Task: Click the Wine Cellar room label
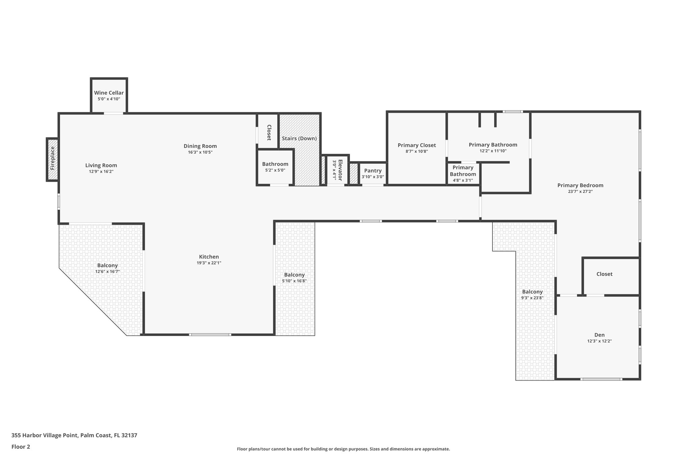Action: (109, 93)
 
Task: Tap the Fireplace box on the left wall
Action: (52, 159)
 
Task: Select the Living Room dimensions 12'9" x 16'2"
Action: (101, 171)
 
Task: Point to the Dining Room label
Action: (200, 146)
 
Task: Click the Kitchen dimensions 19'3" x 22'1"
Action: (209, 263)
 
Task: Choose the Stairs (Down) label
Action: (299, 138)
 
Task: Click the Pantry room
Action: (373, 173)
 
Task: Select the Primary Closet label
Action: (417, 145)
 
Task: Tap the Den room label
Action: (599, 335)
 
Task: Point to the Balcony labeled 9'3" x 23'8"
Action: (532, 294)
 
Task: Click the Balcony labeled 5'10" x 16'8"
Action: (294, 277)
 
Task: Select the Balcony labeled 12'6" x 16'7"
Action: (107, 268)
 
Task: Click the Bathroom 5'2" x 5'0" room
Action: (275, 167)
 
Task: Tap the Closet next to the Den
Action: (604, 274)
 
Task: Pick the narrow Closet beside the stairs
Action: (269, 132)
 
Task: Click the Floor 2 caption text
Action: (21, 447)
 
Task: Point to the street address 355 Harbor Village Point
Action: (74, 435)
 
